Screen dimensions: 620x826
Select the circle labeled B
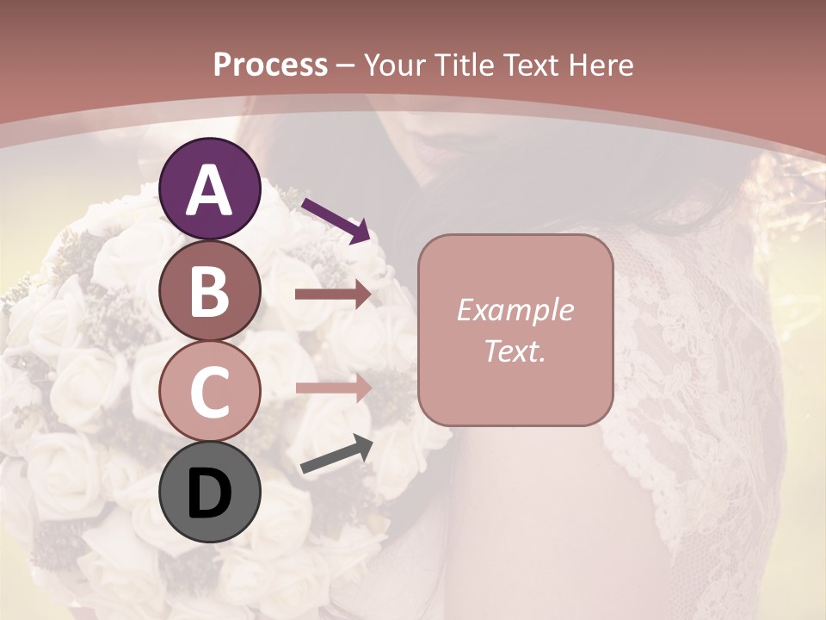[209, 291]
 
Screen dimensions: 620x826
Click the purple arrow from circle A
[336, 220]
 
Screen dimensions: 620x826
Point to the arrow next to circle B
[333, 294]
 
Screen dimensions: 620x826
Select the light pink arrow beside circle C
[333, 387]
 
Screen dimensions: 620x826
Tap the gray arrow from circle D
[336, 454]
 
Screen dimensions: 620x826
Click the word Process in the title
[270, 65]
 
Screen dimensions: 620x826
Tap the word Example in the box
[515, 310]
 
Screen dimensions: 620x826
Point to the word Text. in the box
[515, 350]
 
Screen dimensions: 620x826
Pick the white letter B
[209, 291]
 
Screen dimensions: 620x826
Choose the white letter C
[209, 392]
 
